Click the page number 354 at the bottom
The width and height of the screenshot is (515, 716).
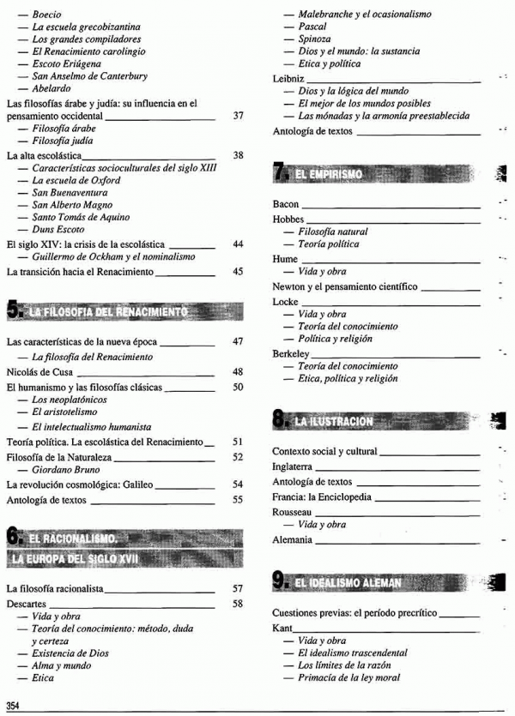pos(13,705)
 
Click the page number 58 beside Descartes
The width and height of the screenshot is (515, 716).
pos(239,604)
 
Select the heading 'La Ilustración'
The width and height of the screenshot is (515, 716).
pos(334,421)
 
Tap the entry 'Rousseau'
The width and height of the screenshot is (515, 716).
pos(292,512)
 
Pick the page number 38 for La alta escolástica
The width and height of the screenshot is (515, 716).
pos(239,155)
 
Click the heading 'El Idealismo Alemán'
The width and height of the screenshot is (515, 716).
pos(348,584)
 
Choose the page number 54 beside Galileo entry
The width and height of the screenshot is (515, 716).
pos(239,484)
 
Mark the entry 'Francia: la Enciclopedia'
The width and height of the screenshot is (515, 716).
pos(322,497)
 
